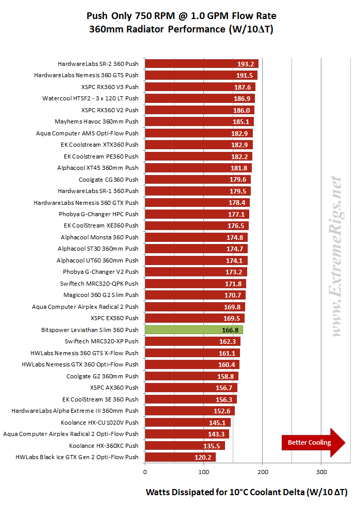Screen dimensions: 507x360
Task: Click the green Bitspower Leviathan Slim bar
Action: [x=194, y=330]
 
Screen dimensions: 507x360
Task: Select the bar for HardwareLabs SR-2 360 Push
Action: [x=201, y=64]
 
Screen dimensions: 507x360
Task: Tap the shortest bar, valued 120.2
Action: [x=180, y=457]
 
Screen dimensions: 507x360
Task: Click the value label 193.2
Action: [x=245, y=64]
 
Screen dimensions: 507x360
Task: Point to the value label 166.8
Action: [x=230, y=330]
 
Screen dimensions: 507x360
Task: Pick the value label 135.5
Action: [x=212, y=446]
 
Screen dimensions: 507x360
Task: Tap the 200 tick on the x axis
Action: [x=263, y=471]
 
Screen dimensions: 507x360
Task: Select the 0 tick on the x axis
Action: [x=145, y=471]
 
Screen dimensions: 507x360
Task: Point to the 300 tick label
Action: [x=321, y=471]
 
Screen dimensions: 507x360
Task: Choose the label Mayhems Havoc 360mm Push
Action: [x=96, y=122]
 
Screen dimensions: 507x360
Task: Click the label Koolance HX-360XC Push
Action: [x=104, y=446]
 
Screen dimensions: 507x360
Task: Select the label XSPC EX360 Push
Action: [x=114, y=318]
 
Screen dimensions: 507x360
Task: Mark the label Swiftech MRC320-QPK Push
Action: [x=99, y=284]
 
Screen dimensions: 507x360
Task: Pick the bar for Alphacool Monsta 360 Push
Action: [x=196, y=237]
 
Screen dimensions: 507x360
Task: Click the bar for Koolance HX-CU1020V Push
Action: [x=187, y=423]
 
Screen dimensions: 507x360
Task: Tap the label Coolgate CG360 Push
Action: [x=108, y=180]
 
